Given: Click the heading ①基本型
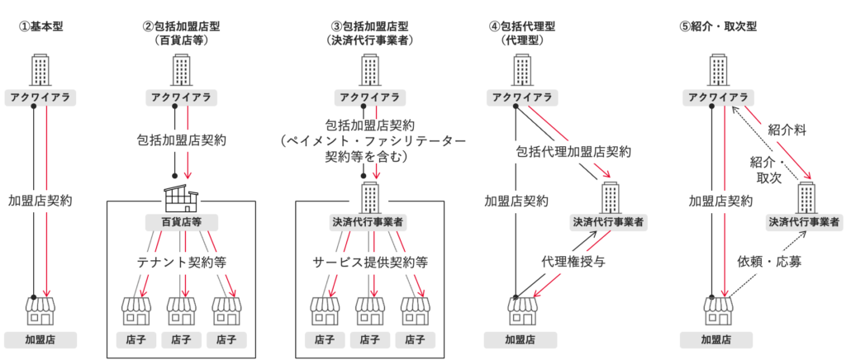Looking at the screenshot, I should coord(41,26).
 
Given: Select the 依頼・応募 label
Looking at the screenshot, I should coord(770,263).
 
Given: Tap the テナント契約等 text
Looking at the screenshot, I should coord(181,262).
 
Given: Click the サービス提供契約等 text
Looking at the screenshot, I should coord(370,262).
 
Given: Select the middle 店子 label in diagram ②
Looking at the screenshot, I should coord(181,339).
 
